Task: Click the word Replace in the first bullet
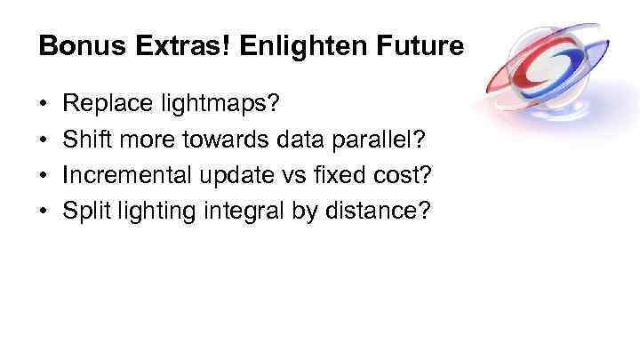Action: pos(101,106)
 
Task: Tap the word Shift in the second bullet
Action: pos(86,141)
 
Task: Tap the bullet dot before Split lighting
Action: pos(44,212)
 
